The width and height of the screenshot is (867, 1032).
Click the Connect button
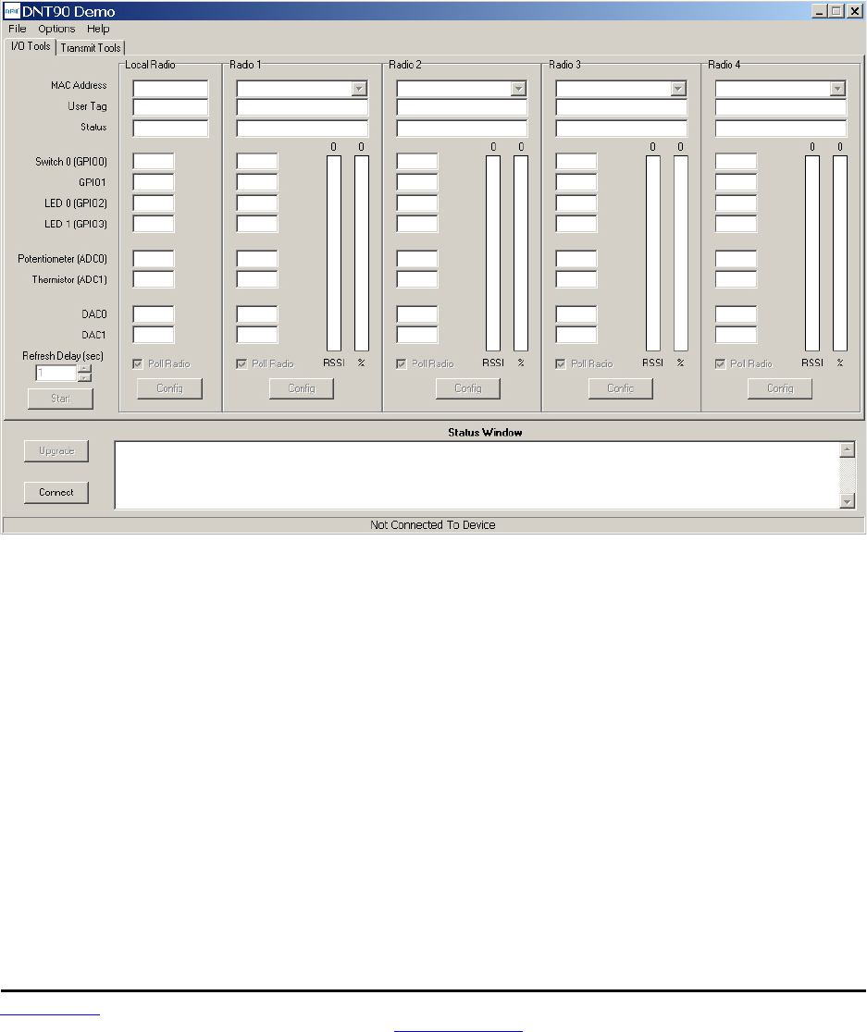(x=56, y=492)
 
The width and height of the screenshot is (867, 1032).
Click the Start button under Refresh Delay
(x=60, y=399)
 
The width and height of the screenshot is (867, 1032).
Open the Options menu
(x=56, y=29)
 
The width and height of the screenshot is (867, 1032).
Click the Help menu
(x=98, y=29)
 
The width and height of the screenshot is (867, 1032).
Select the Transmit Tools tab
(x=92, y=47)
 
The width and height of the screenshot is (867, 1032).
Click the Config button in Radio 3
(x=621, y=388)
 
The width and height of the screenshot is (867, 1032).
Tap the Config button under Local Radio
(x=169, y=388)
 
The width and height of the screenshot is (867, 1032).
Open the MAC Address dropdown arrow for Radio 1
(x=359, y=89)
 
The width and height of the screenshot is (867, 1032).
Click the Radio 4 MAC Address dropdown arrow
(x=837, y=89)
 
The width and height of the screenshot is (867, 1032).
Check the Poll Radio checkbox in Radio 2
(x=402, y=364)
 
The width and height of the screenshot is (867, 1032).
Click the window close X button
(x=855, y=11)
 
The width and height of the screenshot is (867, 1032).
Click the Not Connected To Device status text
(x=433, y=525)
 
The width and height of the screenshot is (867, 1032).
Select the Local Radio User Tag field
(x=170, y=108)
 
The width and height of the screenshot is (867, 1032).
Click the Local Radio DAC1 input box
(x=154, y=335)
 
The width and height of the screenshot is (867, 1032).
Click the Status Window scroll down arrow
(x=847, y=500)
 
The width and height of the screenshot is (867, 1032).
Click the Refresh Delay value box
(x=56, y=373)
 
